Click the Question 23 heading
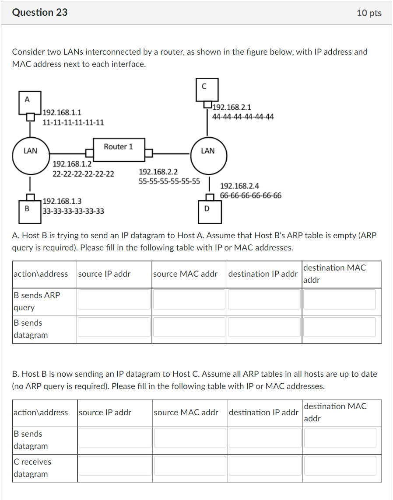coord(40,13)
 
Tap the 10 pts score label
coord(369,13)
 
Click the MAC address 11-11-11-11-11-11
coord(73,122)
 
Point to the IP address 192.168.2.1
coord(232,107)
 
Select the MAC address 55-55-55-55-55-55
coord(169,181)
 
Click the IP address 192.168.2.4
coord(239,186)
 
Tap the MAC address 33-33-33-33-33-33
coord(74,212)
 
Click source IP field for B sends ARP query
coord(114,299)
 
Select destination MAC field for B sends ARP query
coord(339,299)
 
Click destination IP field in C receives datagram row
coord(265,466)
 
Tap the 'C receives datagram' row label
coord(32,468)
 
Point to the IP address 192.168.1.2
coord(72,164)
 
